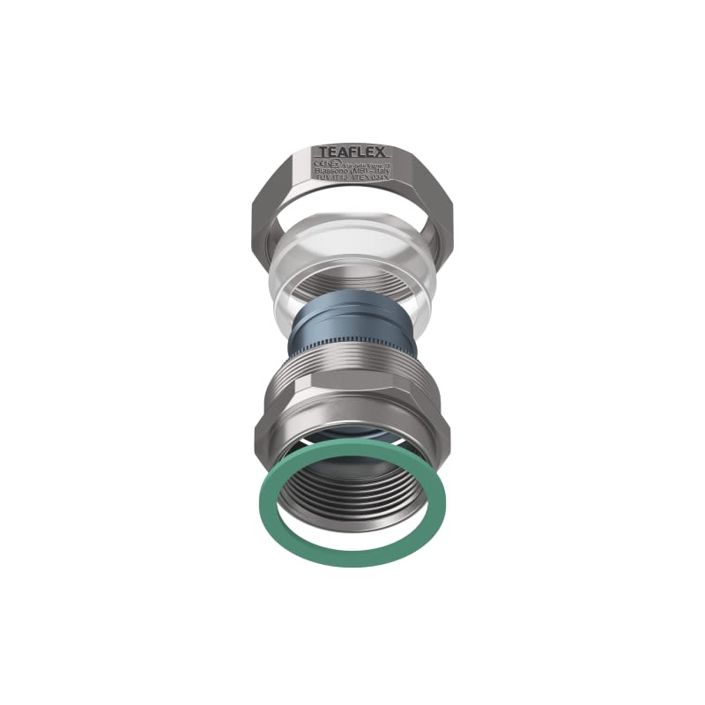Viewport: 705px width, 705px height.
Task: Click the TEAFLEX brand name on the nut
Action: click(x=352, y=152)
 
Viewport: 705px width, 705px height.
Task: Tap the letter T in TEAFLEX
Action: click(x=323, y=152)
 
